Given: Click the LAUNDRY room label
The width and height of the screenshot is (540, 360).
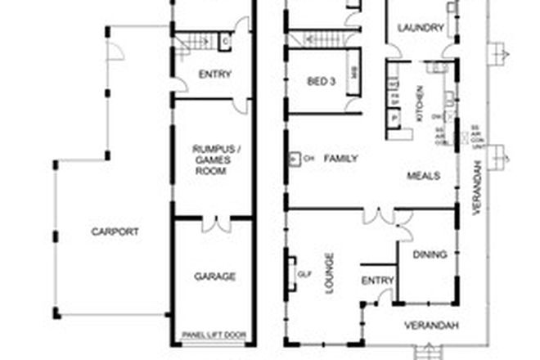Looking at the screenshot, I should (x=421, y=28).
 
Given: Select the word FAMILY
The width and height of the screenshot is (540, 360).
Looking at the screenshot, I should (x=340, y=158).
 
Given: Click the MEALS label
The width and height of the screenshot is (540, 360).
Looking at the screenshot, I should (x=425, y=176).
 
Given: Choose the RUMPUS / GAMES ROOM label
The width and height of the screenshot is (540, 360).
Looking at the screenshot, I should (x=211, y=159).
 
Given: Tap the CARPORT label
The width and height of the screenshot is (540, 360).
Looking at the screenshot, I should (x=115, y=232).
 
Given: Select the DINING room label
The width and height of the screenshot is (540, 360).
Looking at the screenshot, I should (x=430, y=254).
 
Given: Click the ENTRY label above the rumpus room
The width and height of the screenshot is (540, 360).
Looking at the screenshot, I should (x=215, y=74).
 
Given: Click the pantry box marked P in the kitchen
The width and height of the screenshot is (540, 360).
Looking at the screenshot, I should (x=394, y=116).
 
